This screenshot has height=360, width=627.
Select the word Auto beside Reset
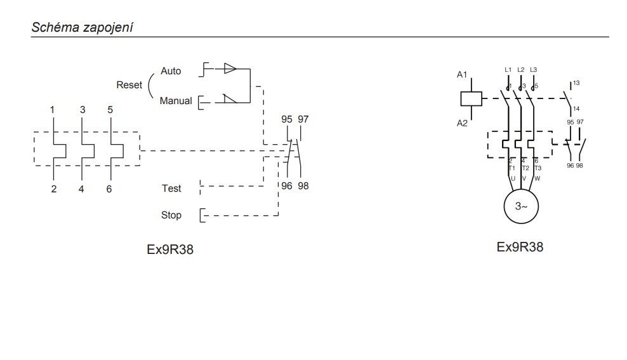(x=171, y=70)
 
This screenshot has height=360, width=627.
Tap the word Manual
(x=176, y=100)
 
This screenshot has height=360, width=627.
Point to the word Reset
(x=129, y=84)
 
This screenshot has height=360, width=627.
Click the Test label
(x=171, y=188)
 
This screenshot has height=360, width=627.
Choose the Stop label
(x=171, y=215)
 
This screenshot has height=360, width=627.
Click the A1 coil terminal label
(x=462, y=75)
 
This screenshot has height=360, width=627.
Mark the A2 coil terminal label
(x=462, y=123)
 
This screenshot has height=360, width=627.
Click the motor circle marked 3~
(x=520, y=207)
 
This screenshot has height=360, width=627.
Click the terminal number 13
(x=576, y=83)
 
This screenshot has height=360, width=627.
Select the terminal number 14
(x=576, y=109)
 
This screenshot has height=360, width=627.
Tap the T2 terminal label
(x=525, y=168)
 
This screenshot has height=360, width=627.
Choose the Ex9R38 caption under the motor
(x=520, y=246)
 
